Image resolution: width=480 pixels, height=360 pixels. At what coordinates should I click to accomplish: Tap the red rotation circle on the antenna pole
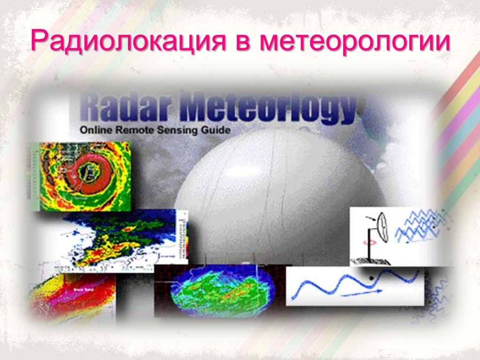coord(372,243)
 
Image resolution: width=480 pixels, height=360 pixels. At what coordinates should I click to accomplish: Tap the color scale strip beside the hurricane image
coord(32,178)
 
